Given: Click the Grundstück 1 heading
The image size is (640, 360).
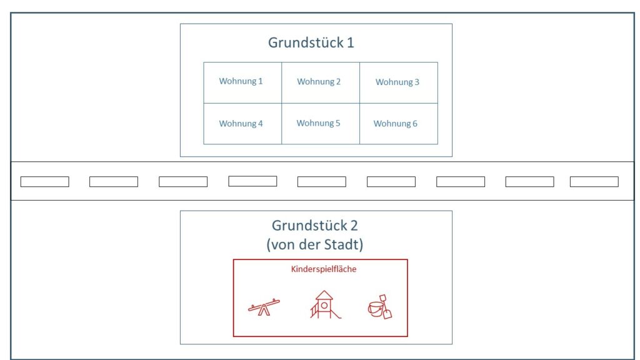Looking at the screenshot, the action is [311, 43].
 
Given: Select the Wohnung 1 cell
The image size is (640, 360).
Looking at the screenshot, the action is [242, 82].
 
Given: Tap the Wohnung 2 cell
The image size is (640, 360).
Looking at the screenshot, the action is [321, 82].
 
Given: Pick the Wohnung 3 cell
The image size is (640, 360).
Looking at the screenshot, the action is [399, 82].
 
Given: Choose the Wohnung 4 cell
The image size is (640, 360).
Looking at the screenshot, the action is [242, 124].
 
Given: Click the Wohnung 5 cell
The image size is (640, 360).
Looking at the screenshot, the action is [321, 124].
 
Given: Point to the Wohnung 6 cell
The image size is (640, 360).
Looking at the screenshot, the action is [399, 124].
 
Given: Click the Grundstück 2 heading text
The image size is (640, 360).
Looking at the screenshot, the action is [315, 226].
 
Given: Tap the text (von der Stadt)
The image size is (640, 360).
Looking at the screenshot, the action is [315, 244].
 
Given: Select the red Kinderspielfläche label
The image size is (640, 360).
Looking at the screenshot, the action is [324, 269].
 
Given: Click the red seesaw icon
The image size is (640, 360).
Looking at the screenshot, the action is [264, 307].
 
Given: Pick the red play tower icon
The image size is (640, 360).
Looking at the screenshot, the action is [325, 304].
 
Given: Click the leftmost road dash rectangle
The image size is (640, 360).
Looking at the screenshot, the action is [45, 182].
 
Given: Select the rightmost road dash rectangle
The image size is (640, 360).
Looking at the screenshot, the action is [594, 182].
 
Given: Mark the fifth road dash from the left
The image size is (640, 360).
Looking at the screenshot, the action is [322, 182].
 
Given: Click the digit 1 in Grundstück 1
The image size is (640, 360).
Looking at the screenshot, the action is [350, 43].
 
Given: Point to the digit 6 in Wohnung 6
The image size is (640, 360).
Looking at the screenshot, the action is [415, 124].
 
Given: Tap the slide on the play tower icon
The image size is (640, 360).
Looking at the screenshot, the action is [336, 314].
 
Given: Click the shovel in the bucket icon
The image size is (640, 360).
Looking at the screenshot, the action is [385, 306].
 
